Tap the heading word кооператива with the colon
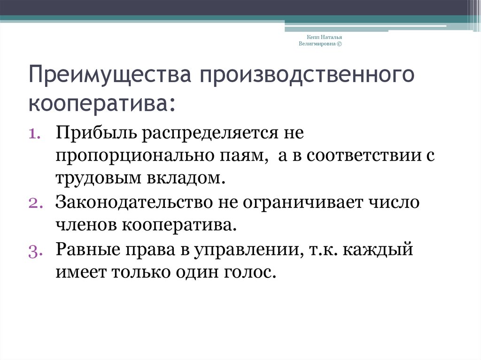(102, 104)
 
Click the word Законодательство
(134, 203)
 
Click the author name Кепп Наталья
(324, 37)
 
